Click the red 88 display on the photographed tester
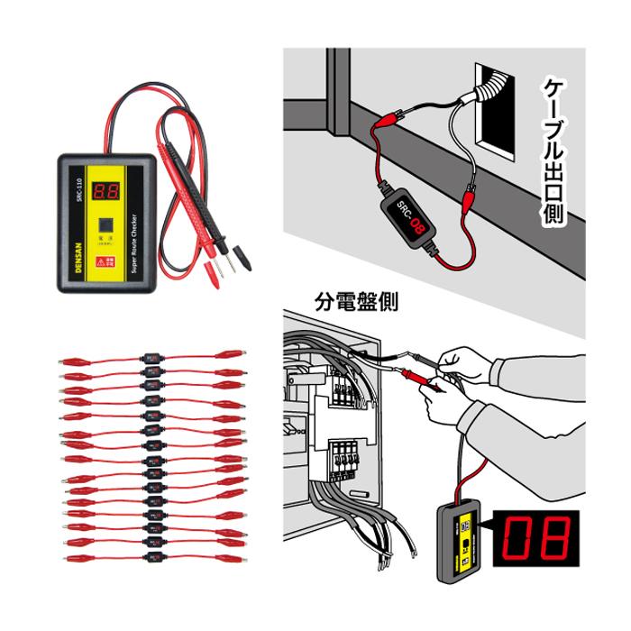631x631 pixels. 107,190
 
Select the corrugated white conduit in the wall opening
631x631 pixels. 488,91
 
